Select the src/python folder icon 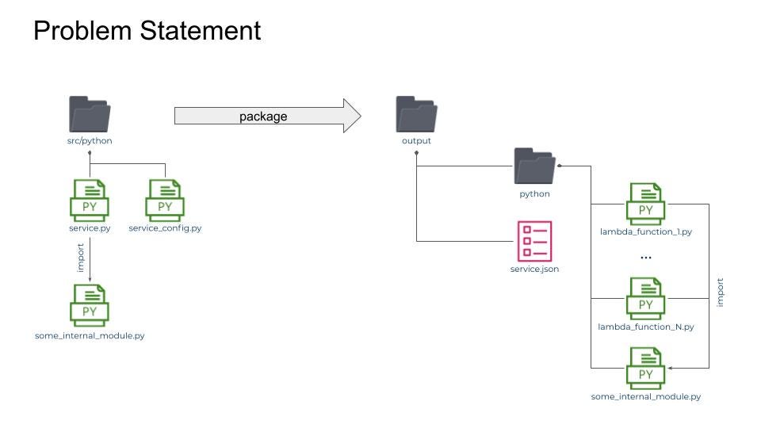click(90, 115)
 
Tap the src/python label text click(90, 141)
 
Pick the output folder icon click(416, 115)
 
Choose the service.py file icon click(90, 199)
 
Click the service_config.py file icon click(165, 199)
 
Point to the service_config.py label click(165, 228)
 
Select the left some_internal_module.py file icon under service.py click(90, 304)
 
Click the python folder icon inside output click(534, 166)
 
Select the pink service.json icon click(534, 241)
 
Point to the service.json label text click(534, 269)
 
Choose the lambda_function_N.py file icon click(646, 298)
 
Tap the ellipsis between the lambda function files click(645, 258)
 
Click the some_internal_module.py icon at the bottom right click(646, 368)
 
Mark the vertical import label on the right click(720, 292)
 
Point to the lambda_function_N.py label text click(646, 327)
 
